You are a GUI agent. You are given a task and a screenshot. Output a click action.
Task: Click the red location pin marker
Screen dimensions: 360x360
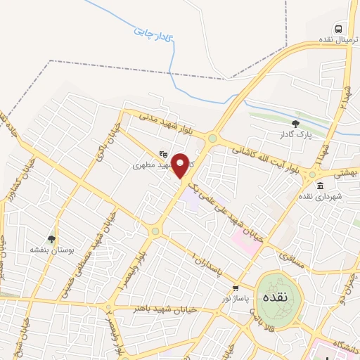[x=181, y=166]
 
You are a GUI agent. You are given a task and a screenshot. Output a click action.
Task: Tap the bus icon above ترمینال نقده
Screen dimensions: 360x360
[x=340, y=29]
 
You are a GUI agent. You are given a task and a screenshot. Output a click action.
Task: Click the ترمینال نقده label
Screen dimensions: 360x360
[x=331, y=41]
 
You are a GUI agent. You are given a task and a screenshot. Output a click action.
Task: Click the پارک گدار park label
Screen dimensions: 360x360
[x=295, y=134]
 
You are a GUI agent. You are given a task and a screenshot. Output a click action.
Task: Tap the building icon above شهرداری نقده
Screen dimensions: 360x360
[x=320, y=186]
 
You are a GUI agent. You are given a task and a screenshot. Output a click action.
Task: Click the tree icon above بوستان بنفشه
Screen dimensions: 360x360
[x=51, y=240]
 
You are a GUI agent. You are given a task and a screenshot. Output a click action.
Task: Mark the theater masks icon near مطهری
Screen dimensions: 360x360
[x=163, y=154]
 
